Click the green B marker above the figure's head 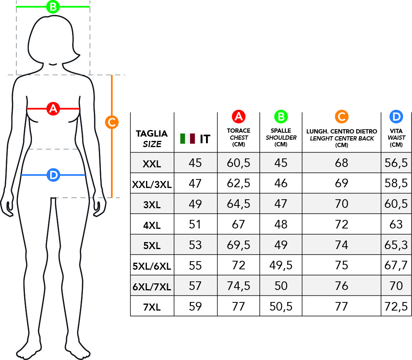click(x=53, y=7)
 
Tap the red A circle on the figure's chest click(x=53, y=109)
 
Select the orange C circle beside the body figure click(x=112, y=122)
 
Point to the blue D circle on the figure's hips click(x=53, y=175)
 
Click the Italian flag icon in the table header click(x=188, y=139)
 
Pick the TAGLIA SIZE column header click(x=152, y=139)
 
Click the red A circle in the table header click(x=239, y=117)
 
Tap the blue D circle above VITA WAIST click(x=396, y=117)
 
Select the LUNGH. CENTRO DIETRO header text click(x=342, y=131)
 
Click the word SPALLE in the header click(x=281, y=130)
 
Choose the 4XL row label click(x=152, y=225)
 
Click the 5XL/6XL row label click(x=152, y=266)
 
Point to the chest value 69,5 click(x=239, y=245)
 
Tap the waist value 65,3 click(x=396, y=245)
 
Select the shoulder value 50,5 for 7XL click(x=281, y=306)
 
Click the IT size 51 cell click(x=195, y=225)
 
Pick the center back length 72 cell click(x=342, y=225)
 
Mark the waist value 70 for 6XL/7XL click(x=396, y=286)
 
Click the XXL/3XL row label click(x=152, y=184)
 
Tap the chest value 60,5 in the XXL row click(x=239, y=163)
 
